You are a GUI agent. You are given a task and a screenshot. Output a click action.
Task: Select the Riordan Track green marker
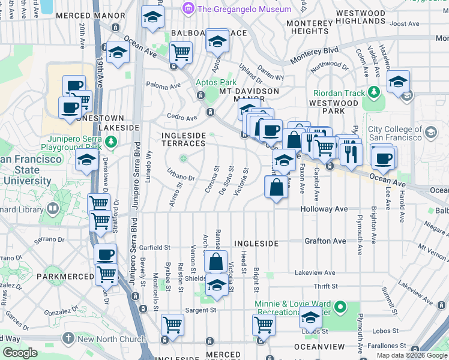coord(375,92)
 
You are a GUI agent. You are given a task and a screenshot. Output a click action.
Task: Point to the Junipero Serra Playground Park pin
coord(110,142)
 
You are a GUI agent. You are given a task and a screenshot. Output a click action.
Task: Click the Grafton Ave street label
coord(325,241)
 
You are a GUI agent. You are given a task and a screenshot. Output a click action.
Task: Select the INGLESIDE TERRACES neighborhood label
coord(184,140)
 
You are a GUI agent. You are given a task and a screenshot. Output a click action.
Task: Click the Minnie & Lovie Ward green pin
coord(340,308)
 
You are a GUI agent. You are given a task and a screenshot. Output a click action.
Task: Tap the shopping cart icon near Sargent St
coord(173,325)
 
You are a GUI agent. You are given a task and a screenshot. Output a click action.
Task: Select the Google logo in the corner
coord(20,353)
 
